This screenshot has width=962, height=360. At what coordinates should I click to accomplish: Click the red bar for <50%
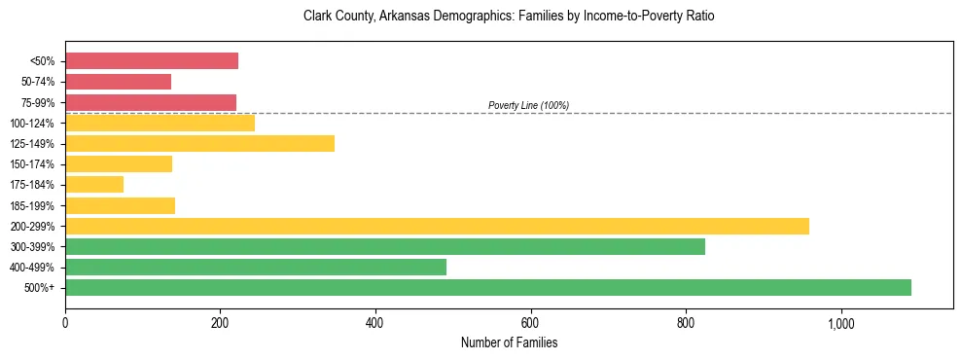click(152, 61)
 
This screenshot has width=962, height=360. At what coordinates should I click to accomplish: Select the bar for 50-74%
click(118, 82)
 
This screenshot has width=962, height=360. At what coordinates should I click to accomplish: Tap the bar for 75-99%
click(151, 102)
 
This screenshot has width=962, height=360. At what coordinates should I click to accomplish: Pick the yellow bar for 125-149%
click(199, 143)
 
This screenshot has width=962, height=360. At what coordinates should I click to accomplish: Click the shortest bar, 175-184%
click(94, 184)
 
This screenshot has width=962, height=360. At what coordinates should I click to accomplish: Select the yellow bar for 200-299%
click(437, 226)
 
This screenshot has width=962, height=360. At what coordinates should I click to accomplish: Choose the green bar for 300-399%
click(385, 246)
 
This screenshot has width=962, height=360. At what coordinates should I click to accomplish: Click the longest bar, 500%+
click(488, 287)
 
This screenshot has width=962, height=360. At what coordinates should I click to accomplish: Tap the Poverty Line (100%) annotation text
click(528, 105)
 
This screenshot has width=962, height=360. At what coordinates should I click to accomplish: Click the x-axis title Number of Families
click(509, 343)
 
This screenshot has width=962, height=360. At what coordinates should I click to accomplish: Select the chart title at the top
click(509, 17)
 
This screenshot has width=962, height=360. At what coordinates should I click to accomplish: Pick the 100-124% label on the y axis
click(32, 123)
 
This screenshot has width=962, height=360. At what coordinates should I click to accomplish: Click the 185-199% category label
click(32, 205)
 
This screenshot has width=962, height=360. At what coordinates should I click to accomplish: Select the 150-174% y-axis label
click(32, 164)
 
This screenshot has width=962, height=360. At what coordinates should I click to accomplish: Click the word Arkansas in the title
click(412, 17)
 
